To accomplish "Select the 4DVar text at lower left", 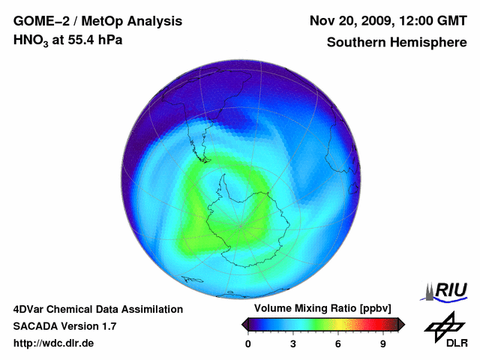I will pos(32,309).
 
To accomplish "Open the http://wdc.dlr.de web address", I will pos(54,343).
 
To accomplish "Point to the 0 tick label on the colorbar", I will pos(248,344).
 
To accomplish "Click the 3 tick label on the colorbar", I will pos(293,344).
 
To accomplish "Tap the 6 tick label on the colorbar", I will pos(338,344).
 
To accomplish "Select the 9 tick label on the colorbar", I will pos(383,344).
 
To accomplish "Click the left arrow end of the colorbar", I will pos(245,324).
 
